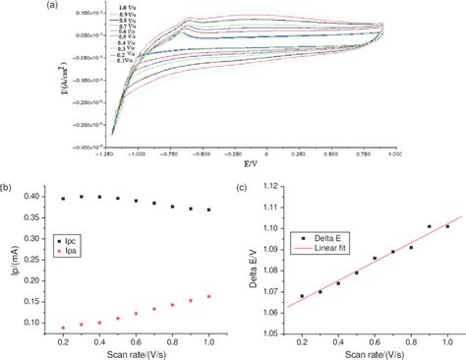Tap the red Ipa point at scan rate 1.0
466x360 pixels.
(x=208, y=296)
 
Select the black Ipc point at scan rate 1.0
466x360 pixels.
(x=208, y=210)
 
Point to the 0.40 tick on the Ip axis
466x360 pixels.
(x=36, y=197)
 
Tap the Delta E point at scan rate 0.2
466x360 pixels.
(x=302, y=295)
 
